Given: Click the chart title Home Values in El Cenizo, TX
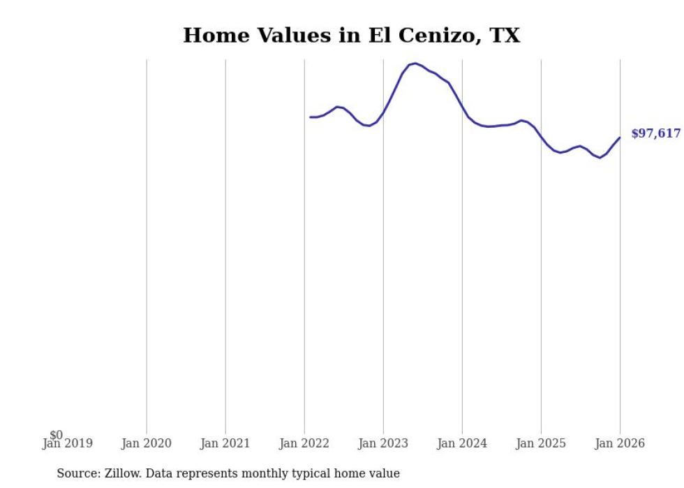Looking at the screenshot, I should click(x=351, y=36).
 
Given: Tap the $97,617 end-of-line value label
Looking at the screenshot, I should click(x=655, y=133).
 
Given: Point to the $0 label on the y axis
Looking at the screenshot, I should click(x=57, y=435).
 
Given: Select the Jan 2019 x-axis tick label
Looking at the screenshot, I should click(x=67, y=443).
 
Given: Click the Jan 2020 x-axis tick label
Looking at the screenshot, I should click(x=147, y=443).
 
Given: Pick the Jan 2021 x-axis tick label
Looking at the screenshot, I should click(x=225, y=443).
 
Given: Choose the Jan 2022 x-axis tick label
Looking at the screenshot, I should click(x=304, y=443).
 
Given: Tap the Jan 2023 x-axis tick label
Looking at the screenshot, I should click(x=383, y=443).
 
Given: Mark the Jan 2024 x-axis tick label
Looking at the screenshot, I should click(x=462, y=443).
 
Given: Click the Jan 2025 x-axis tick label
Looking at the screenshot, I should click(x=541, y=443).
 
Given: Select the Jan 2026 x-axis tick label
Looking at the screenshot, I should click(x=620, y=443).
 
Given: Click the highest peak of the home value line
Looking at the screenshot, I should click(x=415, y=64).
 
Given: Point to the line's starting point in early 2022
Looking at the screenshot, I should click(x=311, y=117).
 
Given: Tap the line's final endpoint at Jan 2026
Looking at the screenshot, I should click(x=620, y=138).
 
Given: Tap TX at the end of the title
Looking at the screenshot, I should click(x=505, y=36).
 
